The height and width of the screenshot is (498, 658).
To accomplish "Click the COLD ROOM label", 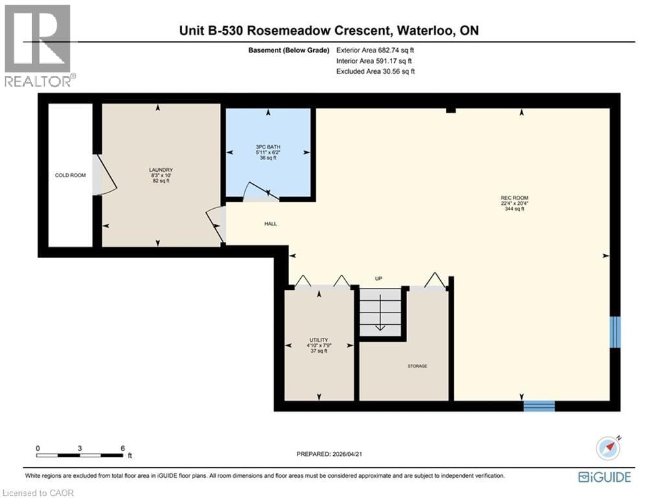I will (70, 175).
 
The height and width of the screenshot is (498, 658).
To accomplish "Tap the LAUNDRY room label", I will (159, 171).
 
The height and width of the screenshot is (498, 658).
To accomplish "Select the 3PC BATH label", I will (269, 147).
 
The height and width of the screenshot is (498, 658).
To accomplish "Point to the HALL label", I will (270, 224).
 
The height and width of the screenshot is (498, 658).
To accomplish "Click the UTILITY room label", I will (318, 340).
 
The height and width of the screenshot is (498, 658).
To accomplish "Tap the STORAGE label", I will (417, 366).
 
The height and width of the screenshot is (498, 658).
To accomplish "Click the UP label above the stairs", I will (379, 279).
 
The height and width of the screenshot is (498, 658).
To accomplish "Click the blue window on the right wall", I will (615, 332).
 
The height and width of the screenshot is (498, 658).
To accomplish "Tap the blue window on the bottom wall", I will (539, 406).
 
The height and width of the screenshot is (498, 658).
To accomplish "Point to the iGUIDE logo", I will (604, 477).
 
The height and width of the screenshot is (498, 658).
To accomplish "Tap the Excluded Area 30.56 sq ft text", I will (375, 71).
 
